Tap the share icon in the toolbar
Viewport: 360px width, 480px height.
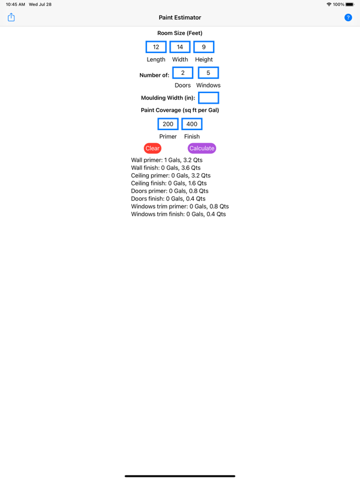pyautogui.click(x=11, y=17)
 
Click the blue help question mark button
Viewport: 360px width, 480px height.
pyautogui.click(x=348, y=17)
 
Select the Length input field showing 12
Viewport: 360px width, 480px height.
pyautogui.click(x=156, y=47)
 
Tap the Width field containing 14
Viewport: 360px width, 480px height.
pyautogui.click(x=180, y=47)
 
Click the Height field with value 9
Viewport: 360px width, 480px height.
pyautogui.click(x=204, y=47)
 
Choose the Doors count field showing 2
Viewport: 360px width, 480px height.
pyautogui.click(x=182, y=73)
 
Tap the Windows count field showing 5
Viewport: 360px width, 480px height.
pyautogui.click(x=209, y=73)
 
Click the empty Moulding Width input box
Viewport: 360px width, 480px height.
pyautogui.click(x=209, y=98)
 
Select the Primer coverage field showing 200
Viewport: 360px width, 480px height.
pyautogui.click(x=168, y=124)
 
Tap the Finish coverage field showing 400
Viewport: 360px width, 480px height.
pyautogui.click(x=192, y=124)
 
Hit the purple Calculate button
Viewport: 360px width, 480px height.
pyautogui.click(x=202, y=148)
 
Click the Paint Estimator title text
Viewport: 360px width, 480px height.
pyautogui.click(x=180, y=17)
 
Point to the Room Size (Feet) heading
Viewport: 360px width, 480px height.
pyautogui.click(x=180, y=33)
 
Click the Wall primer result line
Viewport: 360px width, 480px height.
pyautogui.click(x=167, y=160)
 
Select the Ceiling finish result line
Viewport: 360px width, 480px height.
pyautogui.click(x=169, y=183)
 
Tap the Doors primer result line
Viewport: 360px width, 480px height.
pyautogui.click(x=170, y=191)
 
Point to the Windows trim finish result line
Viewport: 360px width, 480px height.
pyautogui.click(x=179, y=214)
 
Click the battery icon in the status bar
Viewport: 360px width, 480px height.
pyautogui.click(x=350, y=4)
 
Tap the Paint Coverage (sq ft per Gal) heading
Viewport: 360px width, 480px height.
pyautogui.click(x=180, y=110)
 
